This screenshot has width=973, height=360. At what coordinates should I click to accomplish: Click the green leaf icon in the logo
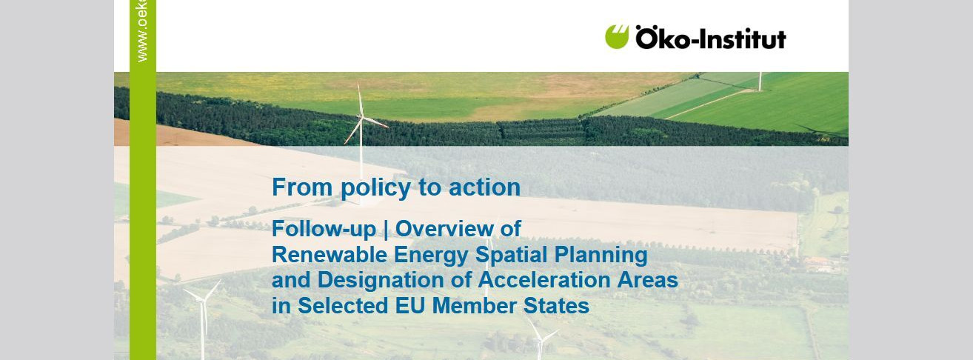[x=617, y=36]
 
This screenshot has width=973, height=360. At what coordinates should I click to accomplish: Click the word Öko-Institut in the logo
[x=710, y=38]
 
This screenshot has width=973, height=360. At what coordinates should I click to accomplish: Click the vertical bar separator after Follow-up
[x=387, y=230]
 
